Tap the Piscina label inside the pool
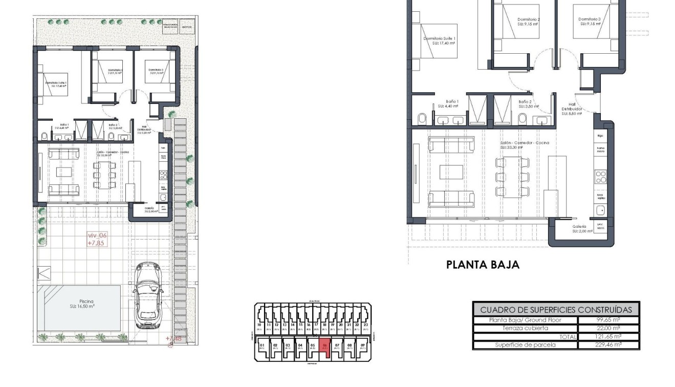pyautogui.click(x=79, y=302)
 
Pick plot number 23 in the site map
pyautogui.click(x=365, y=325)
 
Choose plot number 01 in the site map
pyautogui.click(x=262, y=346)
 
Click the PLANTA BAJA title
pyautogui.click(x=483, y=265)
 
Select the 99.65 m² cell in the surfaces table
pyautogui.click(x=608, y=320)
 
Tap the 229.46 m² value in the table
pyautogui.click(x=608, y=345)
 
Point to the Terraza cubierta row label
pyautogui.click(x=525, y=328)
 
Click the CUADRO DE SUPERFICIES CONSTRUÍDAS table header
pyautogui.click(x=556, y=309)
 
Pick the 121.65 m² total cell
pyautogui.click(x=608, y=336)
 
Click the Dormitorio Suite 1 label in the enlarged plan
pyautogui.click(x=439, y=41)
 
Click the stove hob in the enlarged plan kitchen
pyautogui.click(x=601, y=177)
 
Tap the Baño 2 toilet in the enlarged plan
pyautogui.click(x=522, y=119)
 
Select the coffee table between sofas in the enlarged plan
pyautogui.click(x=451, y=172)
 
